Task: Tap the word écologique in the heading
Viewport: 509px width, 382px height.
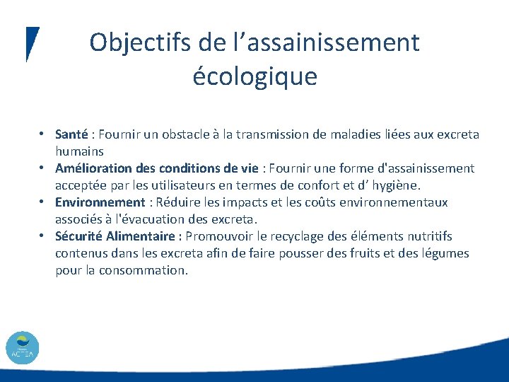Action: coord(255,76)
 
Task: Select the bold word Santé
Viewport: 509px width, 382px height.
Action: coord(71,134)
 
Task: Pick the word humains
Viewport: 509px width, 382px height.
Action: coord(80,151)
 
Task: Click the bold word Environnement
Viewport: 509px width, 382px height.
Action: coord(100,202)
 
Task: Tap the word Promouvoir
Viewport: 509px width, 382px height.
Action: coord(221,236)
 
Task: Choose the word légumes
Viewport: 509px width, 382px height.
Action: coord(444,253)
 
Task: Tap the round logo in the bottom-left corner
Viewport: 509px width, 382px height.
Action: coord(23,348)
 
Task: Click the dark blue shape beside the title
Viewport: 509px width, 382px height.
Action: coord(32,42)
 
